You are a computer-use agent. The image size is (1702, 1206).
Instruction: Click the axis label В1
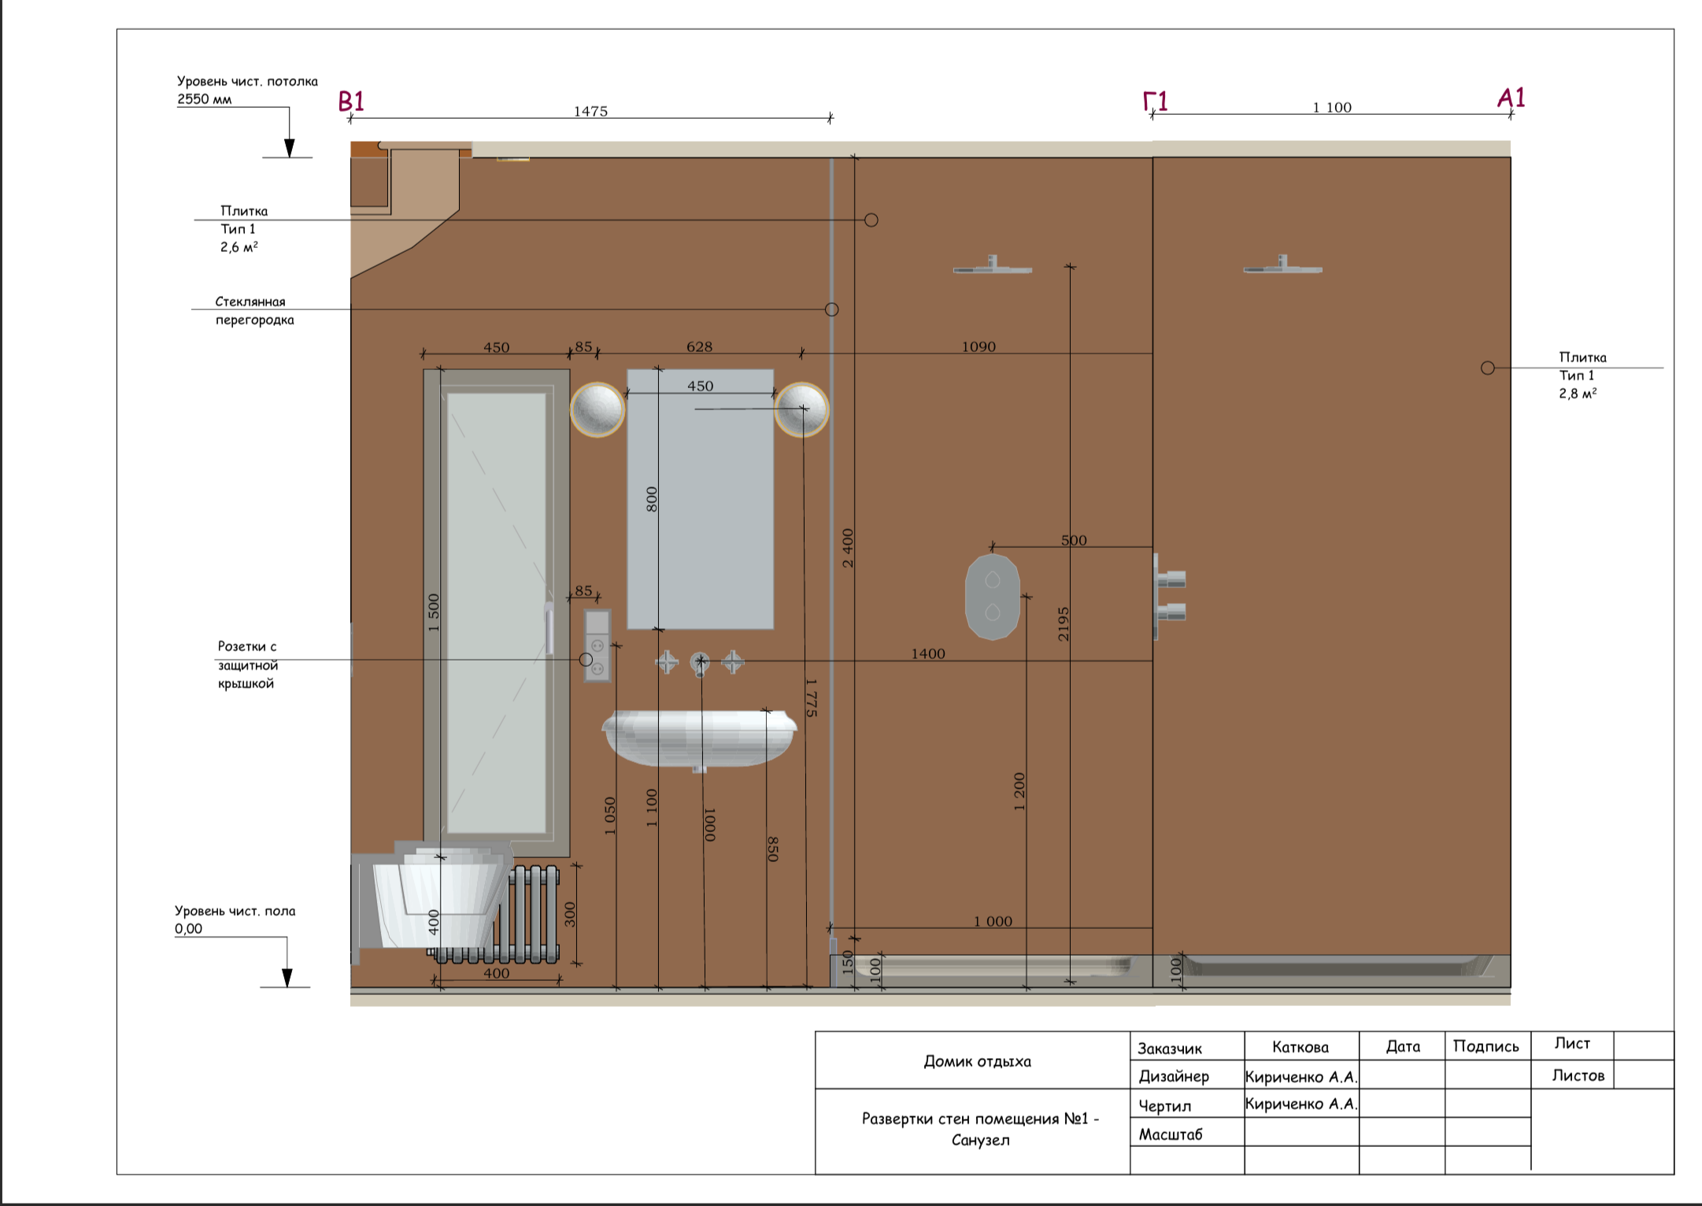(x=351, y=102)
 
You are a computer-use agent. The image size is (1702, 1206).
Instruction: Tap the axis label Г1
(x=1155, y=102)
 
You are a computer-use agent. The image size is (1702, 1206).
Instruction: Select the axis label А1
(x=1511, y=98)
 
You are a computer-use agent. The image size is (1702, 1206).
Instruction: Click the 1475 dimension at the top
(x=590, y=111)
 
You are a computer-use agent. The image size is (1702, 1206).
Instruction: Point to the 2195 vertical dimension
(x=1064, y=623)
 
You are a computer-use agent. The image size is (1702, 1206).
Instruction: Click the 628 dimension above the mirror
(x=699, y=346)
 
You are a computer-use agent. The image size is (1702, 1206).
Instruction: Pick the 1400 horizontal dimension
(x=928, y=653)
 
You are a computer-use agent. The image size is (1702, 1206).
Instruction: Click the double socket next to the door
(x=597, y=646)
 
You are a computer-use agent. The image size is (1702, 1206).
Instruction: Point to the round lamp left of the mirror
(x=598, y=409)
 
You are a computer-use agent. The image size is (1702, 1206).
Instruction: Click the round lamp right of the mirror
(x=801, y=409)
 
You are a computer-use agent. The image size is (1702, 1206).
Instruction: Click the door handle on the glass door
(x=549, y=628)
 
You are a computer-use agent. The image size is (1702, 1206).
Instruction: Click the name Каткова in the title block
(x=1301, y=1047)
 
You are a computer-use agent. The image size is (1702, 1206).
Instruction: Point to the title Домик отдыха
(x=977, y=1061)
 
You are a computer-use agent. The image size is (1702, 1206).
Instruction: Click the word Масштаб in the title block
(x=1171, y=1134)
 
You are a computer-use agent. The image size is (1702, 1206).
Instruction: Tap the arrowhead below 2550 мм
(x=290, y=148)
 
